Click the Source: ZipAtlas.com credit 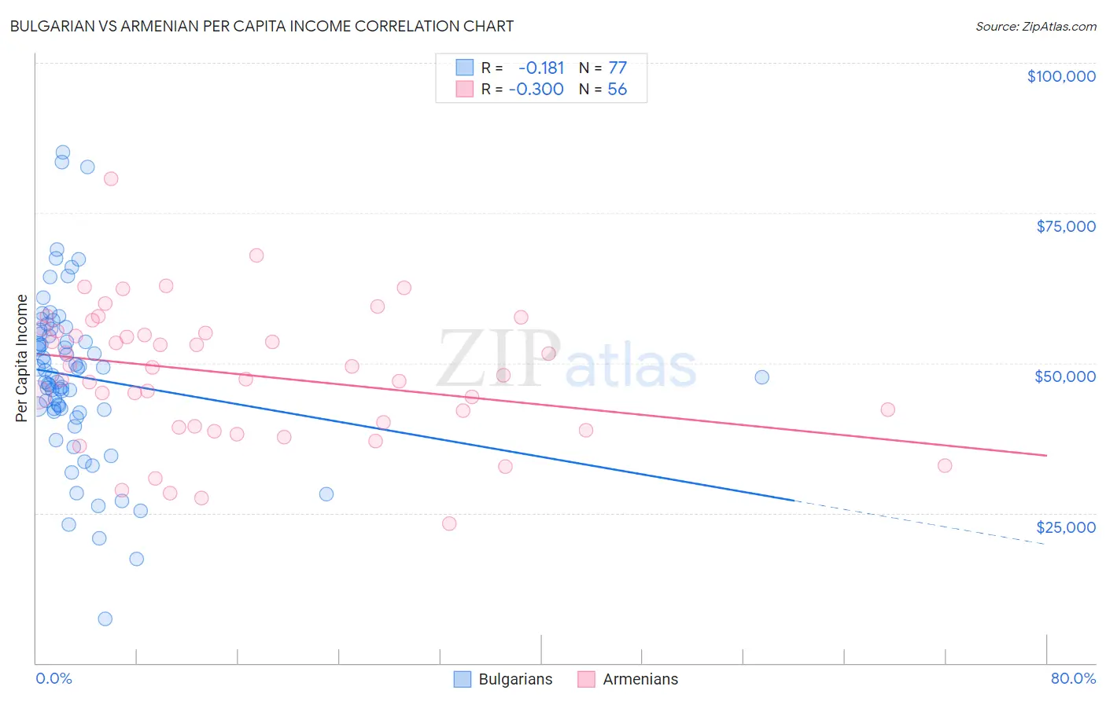1035,26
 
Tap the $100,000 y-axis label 1061,76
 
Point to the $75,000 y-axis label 1066,226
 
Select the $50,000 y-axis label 1065,376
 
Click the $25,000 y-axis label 1066,527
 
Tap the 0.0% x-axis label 53,678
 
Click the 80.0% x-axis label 1073,678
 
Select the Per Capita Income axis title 22,358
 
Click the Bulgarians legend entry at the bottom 503,679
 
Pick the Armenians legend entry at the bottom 628,679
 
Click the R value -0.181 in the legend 541,68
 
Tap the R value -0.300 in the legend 536,89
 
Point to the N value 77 618,68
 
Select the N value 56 618,89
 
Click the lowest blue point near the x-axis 105,618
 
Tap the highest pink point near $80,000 111,178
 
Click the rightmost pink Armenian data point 945,465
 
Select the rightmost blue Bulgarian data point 761,377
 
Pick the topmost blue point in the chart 63,152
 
